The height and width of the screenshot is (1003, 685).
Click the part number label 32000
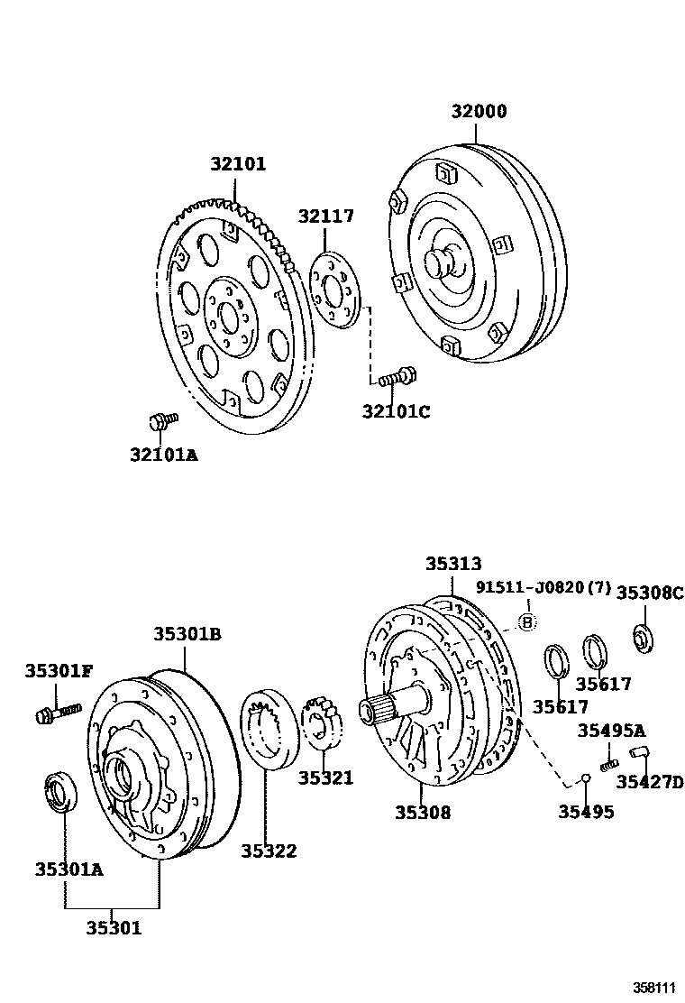coord(479,112)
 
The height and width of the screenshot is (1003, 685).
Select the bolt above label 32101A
coord(162,420)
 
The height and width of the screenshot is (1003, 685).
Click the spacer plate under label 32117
coord(334,289)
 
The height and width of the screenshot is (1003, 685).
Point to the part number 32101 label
coord(239,164)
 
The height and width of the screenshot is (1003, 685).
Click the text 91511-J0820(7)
coord(543,589)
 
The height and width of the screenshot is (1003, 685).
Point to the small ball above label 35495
coord(585,778)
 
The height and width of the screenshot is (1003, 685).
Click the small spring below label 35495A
coord(608,765)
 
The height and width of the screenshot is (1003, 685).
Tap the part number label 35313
coord(453,563)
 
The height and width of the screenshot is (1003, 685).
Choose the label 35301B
coord(187,634)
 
